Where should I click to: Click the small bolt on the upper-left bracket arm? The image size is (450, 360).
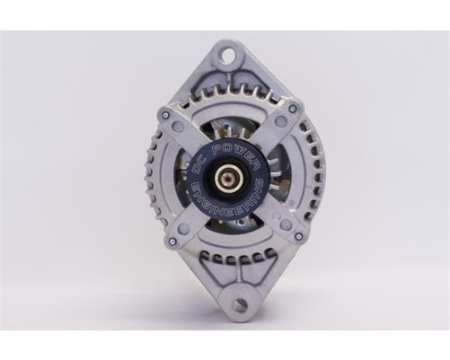164,115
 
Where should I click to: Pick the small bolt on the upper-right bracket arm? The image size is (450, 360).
292,109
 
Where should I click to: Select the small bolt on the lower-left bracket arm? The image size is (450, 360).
171,241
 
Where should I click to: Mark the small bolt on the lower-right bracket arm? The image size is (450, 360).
298,237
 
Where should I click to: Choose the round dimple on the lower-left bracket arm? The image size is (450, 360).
183,228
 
